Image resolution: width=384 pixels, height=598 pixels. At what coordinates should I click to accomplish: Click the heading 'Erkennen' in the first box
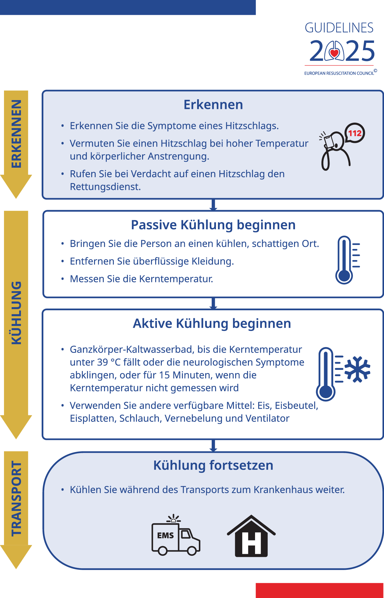(213, 105)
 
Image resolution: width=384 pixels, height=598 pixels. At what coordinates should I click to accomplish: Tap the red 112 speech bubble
(355, 133)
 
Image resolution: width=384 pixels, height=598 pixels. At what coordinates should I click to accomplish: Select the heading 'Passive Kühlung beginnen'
(213, 225)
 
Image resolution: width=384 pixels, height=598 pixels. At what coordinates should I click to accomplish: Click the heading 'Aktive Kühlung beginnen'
(212, 323)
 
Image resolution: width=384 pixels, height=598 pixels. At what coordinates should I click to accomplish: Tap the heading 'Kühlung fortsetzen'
(213, 465)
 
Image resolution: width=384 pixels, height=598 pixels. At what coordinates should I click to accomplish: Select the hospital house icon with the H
(251, 537)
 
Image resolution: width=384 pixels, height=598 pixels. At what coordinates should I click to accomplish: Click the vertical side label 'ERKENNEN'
(16, 134)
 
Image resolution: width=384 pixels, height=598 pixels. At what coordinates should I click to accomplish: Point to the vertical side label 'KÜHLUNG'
(16, 313)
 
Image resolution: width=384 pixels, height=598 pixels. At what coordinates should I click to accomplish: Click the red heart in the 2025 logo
(334, 53)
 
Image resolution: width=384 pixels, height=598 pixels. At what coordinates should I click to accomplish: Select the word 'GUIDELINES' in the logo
(339, 28)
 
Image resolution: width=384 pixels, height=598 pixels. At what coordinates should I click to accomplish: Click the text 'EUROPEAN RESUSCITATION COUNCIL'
(339, 73)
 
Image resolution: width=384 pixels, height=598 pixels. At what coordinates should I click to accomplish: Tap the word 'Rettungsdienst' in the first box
(105, 187)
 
